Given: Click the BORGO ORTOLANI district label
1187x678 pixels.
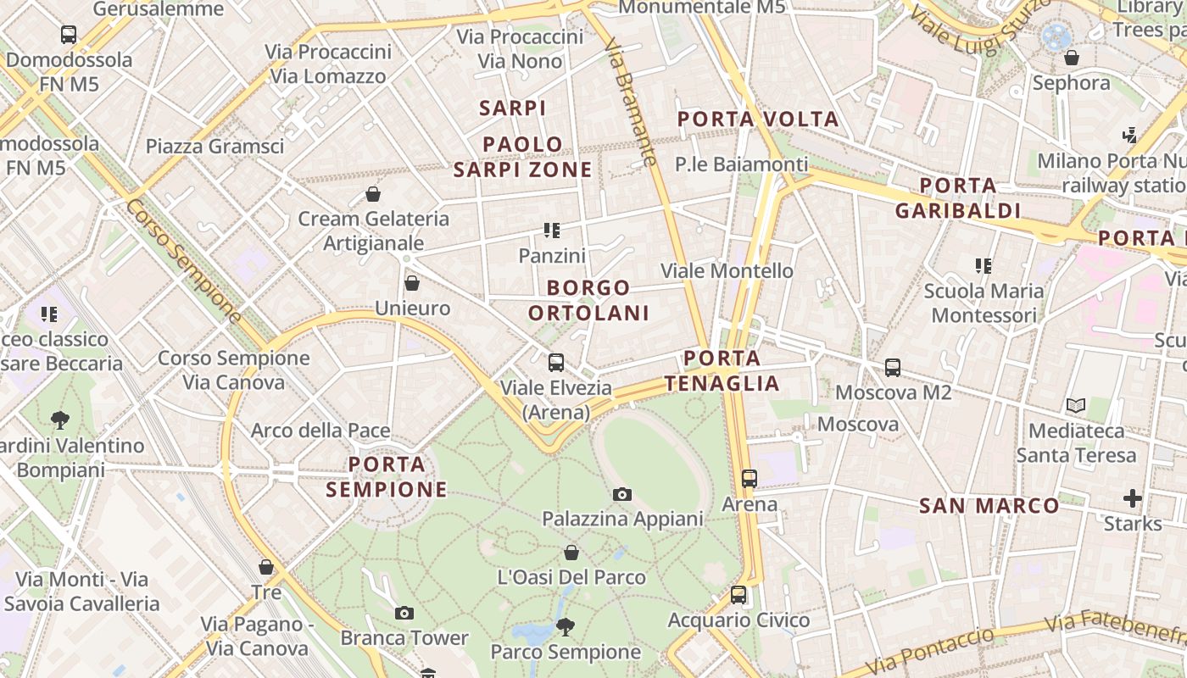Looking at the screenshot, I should [588, 300].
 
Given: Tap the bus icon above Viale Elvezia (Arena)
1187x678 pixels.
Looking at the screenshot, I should [556, 363].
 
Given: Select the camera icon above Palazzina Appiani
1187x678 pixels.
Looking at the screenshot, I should [622, 494].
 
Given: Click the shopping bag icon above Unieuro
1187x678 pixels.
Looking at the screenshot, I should [412, 283].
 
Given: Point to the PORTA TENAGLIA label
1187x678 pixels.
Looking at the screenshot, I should [722, 370].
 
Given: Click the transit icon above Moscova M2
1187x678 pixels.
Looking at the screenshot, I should [892, 368].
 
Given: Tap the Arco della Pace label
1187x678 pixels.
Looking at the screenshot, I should [320, 431].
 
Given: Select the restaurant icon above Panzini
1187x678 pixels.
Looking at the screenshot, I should [552, 231].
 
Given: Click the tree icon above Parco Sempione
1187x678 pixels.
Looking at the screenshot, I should [565, 627].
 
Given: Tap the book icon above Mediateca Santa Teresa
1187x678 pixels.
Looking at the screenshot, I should [1076, 406].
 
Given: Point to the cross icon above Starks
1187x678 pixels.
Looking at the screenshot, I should [1133, 498].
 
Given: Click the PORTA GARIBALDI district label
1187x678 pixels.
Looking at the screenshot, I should [958, 197].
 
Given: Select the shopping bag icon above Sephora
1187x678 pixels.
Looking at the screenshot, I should [1072, 58].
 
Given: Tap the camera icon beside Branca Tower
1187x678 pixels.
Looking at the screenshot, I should [404, 613].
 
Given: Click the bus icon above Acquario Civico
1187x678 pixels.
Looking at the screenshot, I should [738, 595].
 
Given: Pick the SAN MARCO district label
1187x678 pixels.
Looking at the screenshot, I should [989, 506].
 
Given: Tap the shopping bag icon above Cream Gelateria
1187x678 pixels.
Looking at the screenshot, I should [373, 194].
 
